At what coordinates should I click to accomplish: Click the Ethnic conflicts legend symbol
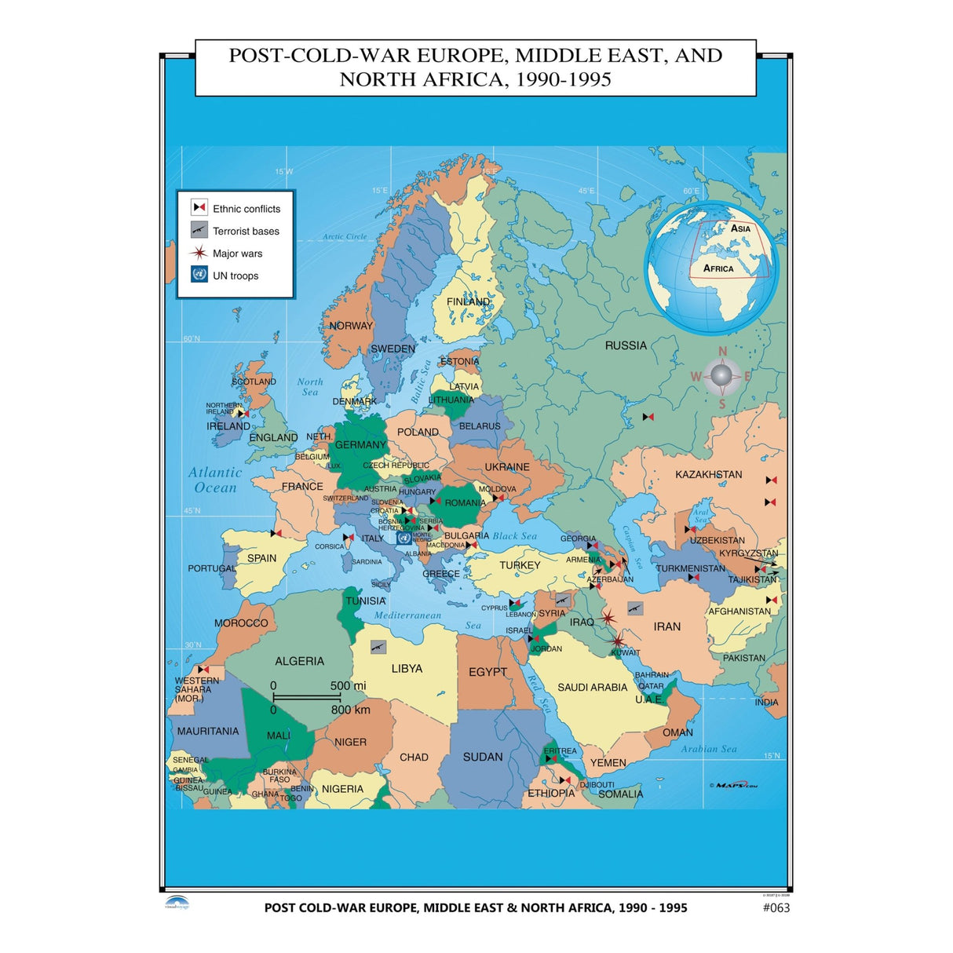199,208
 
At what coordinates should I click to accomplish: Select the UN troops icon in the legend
199,275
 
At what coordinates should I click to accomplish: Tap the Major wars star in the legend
199,253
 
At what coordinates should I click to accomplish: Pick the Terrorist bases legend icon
199,230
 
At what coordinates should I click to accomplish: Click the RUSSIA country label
626,345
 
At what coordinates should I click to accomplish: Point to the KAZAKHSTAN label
708,474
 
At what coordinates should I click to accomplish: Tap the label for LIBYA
407,669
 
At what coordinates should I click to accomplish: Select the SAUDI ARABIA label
592,688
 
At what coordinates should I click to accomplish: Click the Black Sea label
515,536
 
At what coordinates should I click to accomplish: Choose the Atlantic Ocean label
215,480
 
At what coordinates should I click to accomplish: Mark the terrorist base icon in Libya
378,648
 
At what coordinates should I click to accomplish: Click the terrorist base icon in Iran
635,608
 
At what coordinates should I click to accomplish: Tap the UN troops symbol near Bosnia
403,538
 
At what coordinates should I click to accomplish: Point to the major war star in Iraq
608,619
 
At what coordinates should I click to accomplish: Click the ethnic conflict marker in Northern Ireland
243,413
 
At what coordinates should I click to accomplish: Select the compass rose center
721,377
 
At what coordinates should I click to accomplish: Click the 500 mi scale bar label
348,685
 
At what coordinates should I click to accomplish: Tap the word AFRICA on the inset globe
718,268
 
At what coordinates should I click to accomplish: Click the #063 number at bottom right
776,907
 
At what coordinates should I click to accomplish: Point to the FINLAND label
468,301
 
